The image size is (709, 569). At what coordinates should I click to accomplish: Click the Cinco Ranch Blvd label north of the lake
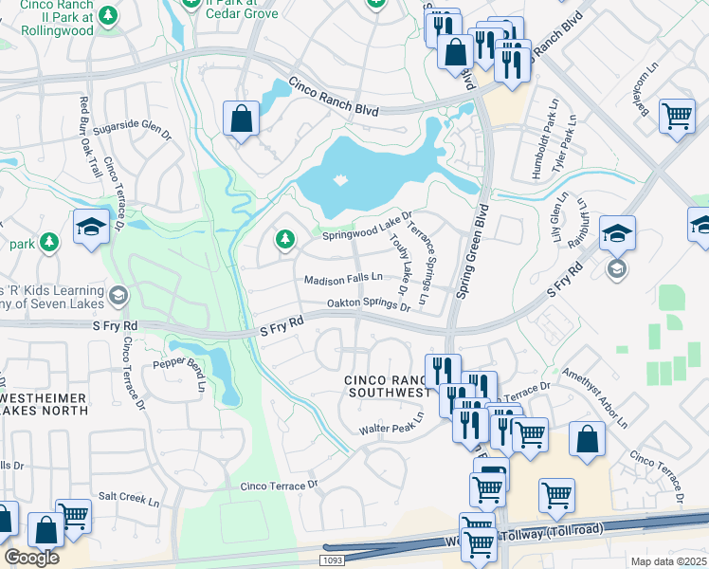(x=334, y=98)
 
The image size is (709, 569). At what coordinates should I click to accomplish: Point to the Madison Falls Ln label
(x=343, y=279)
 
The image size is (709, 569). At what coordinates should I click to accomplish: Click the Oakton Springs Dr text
(x=368, y=305)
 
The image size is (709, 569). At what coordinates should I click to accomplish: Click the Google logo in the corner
(x=31, y=558)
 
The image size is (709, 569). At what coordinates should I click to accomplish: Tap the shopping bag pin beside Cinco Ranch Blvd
(x=241, y=119)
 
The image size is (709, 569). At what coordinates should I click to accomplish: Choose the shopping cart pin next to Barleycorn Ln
(x=677, y=117)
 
